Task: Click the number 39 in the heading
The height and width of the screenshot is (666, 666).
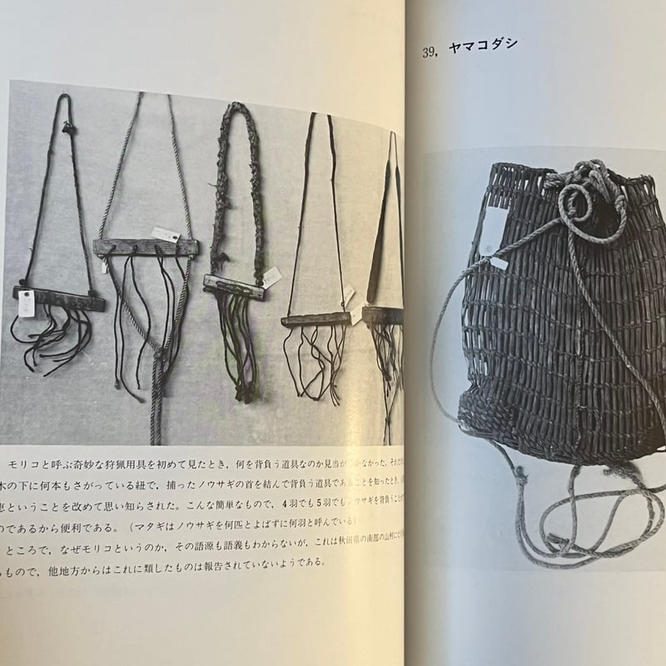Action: (x=429, y=52)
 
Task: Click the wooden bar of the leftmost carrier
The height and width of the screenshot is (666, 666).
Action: (x=58, y=296)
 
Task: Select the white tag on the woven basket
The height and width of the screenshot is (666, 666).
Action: (x=498, y=259)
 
